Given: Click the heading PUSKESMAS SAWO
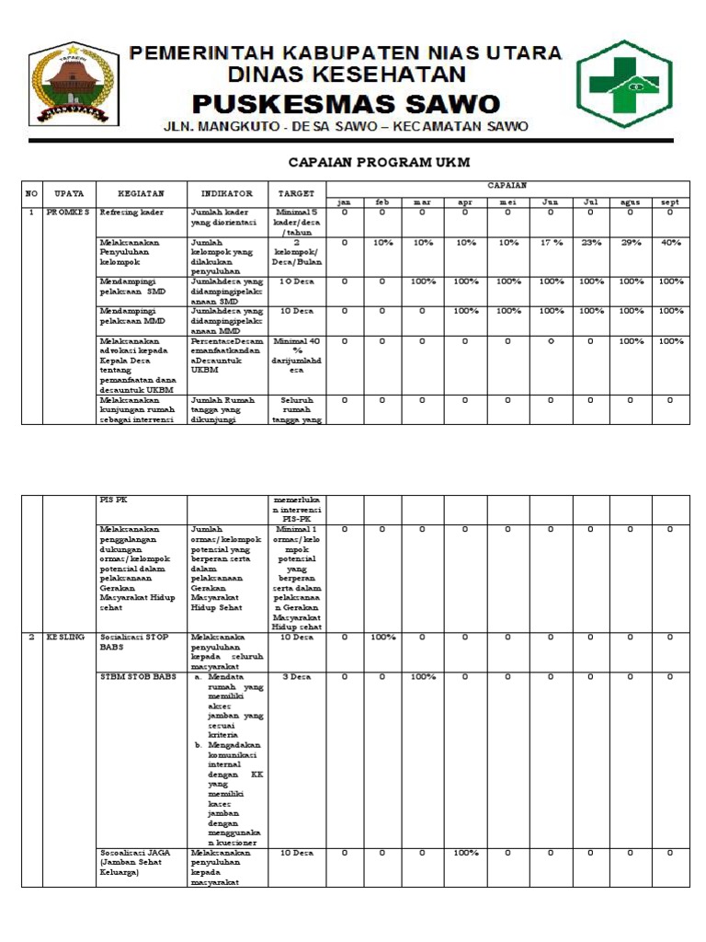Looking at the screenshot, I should tap(347, 103).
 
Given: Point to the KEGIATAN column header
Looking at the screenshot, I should tap(141, 194).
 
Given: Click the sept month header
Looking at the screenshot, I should tap(670, 202).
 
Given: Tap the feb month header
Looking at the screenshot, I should tap(382, 202).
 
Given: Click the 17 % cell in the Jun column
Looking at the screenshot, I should tap(551, 243).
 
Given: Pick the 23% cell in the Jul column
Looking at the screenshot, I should tap(591, 243).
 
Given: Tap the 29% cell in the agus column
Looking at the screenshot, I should tap(631, 243).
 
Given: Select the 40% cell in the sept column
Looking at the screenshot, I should tap(670, 243).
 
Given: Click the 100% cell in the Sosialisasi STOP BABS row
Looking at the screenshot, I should tap(382, 637).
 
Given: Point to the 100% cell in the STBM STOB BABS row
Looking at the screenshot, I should tap(423, 677).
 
